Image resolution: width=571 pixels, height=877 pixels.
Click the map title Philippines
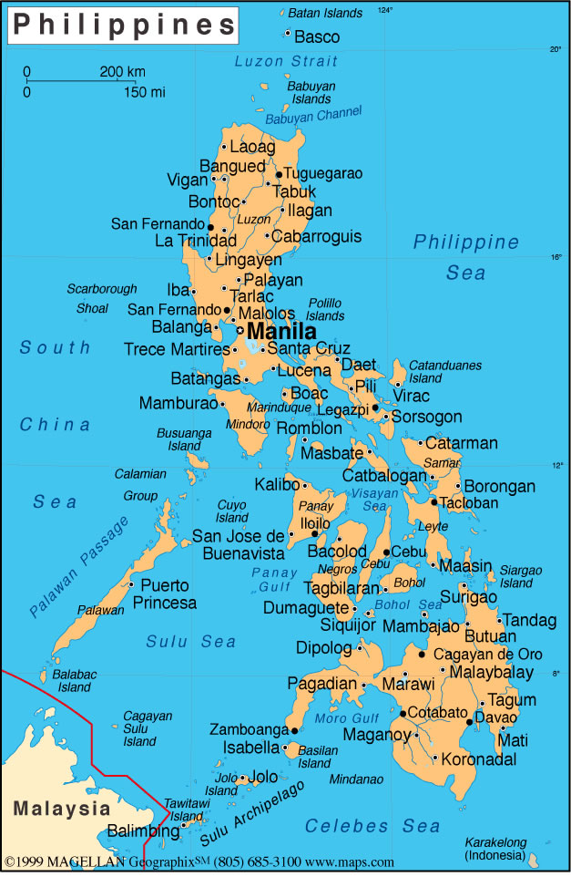(x=122, y=25)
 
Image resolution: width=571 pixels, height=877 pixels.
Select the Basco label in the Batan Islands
(x=317, y=37)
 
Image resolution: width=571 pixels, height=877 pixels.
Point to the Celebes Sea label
(x=372, y=827)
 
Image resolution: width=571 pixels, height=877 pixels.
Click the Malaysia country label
(x=61, y=809)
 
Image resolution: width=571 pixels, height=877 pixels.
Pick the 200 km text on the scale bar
(x=122, y=71)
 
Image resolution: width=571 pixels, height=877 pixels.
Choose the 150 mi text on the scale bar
(x=144, y=91)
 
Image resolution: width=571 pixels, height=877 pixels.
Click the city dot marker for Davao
(x=470, y=721)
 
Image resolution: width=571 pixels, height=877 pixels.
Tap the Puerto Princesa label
(x=164, y=594)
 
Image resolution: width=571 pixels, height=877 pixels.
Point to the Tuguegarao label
(x=323, y=173)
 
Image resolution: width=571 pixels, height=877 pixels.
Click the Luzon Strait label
(x=285, y=62)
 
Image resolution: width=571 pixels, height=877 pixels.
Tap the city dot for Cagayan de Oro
(x=422, y=655)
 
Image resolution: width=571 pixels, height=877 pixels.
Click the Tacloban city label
(x=469, y=502)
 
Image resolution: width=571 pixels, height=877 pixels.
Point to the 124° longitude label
(x=385, y=10)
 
